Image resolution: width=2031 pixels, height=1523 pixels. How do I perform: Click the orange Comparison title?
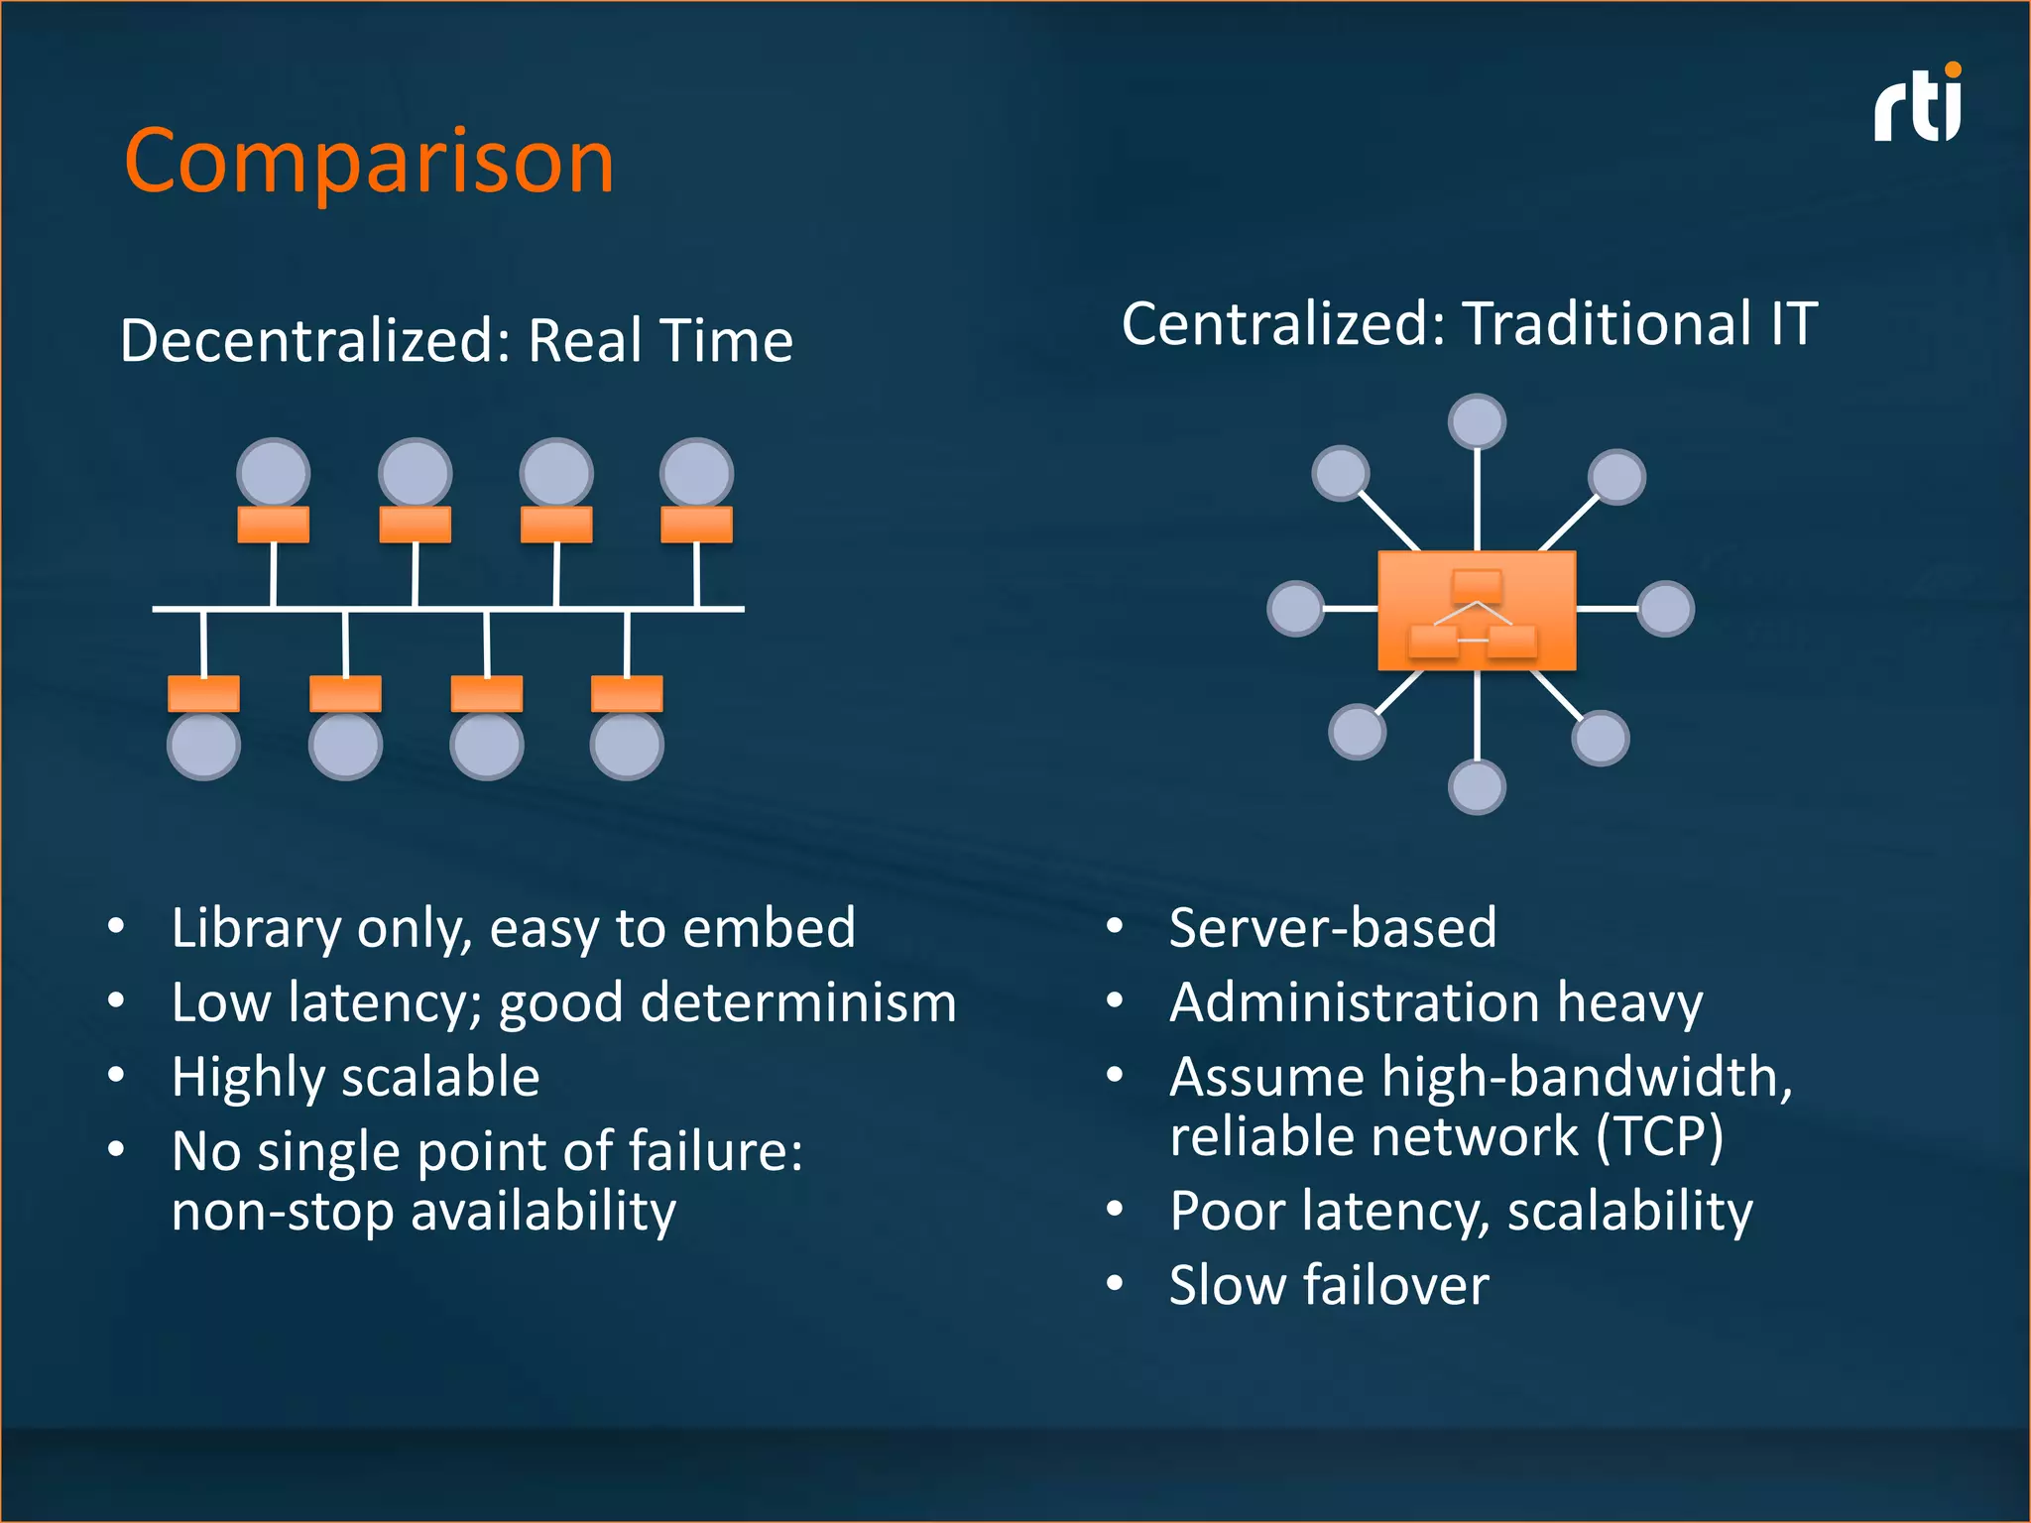pos(369,162)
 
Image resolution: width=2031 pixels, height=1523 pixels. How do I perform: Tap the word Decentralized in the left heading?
pos(314,341)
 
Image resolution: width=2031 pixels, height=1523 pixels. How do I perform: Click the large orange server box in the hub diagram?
pos(1477,611)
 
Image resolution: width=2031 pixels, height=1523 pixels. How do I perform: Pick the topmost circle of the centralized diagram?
pos(1477,421)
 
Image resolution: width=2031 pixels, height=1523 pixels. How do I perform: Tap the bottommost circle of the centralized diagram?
pos(1477,787)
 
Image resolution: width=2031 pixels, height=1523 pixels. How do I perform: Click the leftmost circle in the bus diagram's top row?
pos(274,473)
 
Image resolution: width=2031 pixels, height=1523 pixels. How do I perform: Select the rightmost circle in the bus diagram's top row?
pos(697,473)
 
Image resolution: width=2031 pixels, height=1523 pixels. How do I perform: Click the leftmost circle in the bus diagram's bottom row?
pos(203,746)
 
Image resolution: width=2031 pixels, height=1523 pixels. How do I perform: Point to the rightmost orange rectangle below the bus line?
pos(627,693)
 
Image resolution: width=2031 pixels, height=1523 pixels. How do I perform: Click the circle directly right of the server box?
pos(1665,608)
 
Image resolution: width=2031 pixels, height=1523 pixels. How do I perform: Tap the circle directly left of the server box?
pos(1295,608)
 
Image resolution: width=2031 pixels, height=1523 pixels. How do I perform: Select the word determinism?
pos(798,1002)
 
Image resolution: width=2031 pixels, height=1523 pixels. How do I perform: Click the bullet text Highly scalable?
pos(355,1078)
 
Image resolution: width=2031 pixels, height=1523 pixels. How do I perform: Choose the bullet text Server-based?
pos(1332,929)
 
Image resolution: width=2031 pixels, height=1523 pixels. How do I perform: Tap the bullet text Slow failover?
pos(1329,1286)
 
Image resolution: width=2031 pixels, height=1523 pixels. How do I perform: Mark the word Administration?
pos(1354,1002)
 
